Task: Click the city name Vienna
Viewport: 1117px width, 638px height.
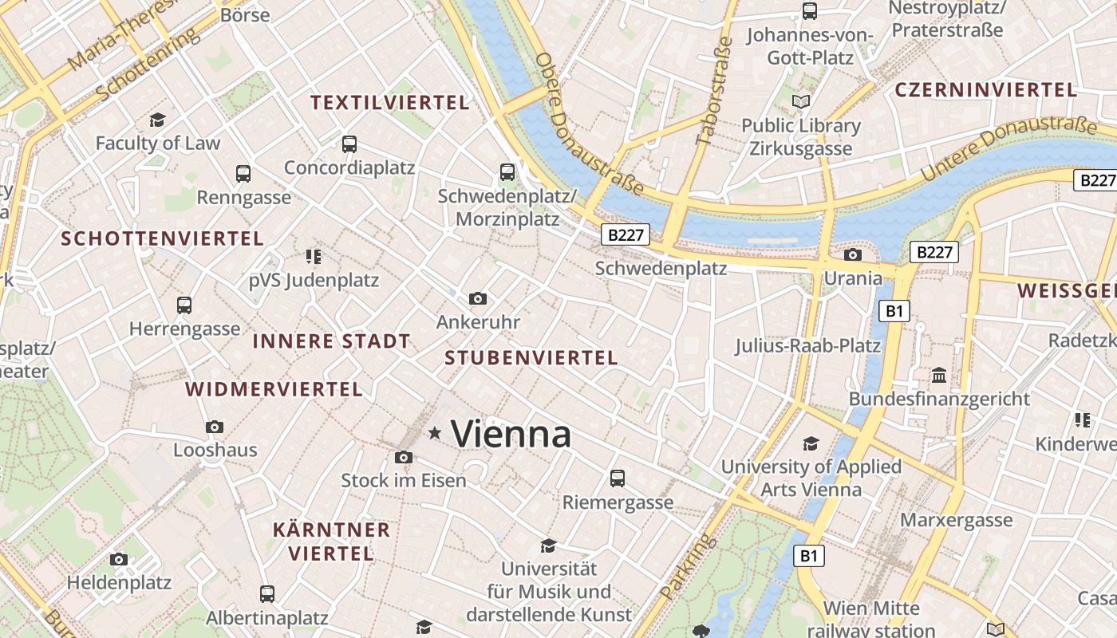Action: click(x=511, y=435)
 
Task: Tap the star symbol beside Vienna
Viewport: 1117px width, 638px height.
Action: click(x=435, y=433)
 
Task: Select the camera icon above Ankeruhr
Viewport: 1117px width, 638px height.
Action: click(x=478, y=299)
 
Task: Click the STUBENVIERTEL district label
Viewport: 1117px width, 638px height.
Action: click(x=531, y=358)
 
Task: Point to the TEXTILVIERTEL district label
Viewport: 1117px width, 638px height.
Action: click(x=389, y=103)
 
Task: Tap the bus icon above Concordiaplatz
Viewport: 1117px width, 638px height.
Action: click(x=349, y=144)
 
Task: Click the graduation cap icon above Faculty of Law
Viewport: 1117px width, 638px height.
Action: click(x=157, y=120)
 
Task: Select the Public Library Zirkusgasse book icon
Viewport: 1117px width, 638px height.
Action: click(x=800, y=102)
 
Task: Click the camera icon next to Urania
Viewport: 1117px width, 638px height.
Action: click(x=852, y=255)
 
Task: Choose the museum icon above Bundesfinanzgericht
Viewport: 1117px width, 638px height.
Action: click(x=939, y=375)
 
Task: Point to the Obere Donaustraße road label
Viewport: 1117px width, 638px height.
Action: click(x=589, y=124)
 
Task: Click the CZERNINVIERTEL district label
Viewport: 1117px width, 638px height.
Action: click(x=985, y=90)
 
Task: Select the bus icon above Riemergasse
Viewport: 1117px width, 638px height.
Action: click(x=617, y=478)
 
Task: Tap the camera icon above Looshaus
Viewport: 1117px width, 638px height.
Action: click(x=214, y=427)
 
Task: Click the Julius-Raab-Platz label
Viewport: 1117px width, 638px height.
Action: click(x=807, y=346)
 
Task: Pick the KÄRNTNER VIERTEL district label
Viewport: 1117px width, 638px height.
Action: click(x=331, y=542)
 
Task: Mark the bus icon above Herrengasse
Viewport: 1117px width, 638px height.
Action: click(x=184, y=305)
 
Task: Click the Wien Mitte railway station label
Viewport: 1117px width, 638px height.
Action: click(x=871, y=619)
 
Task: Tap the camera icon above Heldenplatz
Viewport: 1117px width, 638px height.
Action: click(x=119, y=560)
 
